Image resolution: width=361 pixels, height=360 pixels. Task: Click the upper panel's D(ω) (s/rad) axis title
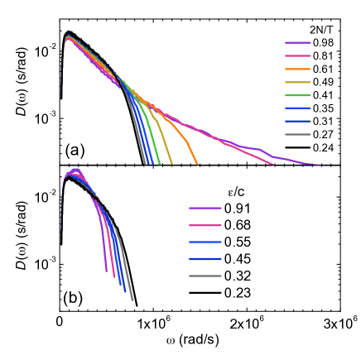(16, 89)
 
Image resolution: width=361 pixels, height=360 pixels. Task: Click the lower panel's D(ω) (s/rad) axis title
(16, 242)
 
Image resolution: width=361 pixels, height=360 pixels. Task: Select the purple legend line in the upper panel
(297, 42)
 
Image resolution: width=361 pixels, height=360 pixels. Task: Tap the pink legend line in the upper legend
(297, 55)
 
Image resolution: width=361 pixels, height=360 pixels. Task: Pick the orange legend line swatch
(297, 69)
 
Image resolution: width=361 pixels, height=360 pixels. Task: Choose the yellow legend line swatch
(297, 82)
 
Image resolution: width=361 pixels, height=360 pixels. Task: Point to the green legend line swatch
(297, 95)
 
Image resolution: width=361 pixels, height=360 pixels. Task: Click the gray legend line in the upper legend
(297, 134)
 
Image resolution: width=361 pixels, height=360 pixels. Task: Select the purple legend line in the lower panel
(205, 208)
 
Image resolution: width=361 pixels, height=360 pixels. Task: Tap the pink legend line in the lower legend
(205, 225)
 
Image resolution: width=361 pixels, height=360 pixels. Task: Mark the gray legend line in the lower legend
(205, 276)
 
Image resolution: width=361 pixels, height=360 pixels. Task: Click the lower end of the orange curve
(197, 164)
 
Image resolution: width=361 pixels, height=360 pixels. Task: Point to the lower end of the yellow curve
(171, 163)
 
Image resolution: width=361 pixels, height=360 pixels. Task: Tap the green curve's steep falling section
(155, 149)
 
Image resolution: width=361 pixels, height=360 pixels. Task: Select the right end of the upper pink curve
(272, 164)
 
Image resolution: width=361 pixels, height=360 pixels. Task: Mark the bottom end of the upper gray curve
(145, 164)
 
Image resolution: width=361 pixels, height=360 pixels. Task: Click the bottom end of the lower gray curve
(132, 299)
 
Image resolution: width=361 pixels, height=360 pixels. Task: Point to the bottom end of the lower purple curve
(107, 271)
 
